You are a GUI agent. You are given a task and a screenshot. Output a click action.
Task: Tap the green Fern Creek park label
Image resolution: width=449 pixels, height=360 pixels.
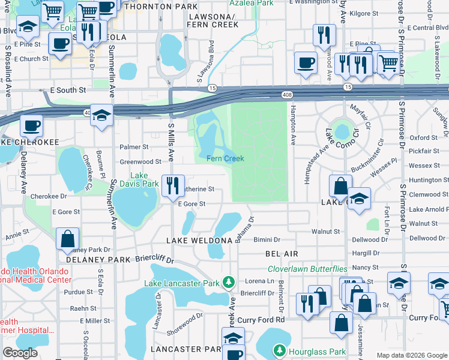click(225, 158)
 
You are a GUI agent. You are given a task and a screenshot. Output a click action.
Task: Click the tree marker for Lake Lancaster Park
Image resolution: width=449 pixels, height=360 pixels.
click(228, 282)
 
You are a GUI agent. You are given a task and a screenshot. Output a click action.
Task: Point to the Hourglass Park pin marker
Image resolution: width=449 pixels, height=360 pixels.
click(279, 350)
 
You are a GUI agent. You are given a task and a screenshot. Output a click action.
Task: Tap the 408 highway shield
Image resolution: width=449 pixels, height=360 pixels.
click(287, 95)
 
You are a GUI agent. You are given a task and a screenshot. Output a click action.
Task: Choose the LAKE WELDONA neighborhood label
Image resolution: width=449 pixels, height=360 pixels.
click(200, 241)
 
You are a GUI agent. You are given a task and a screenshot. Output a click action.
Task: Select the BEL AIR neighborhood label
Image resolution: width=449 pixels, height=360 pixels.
click(282, 254)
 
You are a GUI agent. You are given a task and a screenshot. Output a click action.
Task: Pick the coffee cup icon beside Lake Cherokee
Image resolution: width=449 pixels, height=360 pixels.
click(31, 126)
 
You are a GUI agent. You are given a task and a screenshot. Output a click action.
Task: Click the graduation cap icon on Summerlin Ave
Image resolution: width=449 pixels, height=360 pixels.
click(102, 116)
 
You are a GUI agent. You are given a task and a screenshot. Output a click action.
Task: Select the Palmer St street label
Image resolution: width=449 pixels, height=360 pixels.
click(134, 146)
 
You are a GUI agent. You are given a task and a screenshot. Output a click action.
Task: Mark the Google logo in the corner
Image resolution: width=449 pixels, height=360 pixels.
click(20, 353)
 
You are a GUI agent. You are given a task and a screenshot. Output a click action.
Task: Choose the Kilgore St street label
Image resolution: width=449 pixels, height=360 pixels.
click(363, 13)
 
